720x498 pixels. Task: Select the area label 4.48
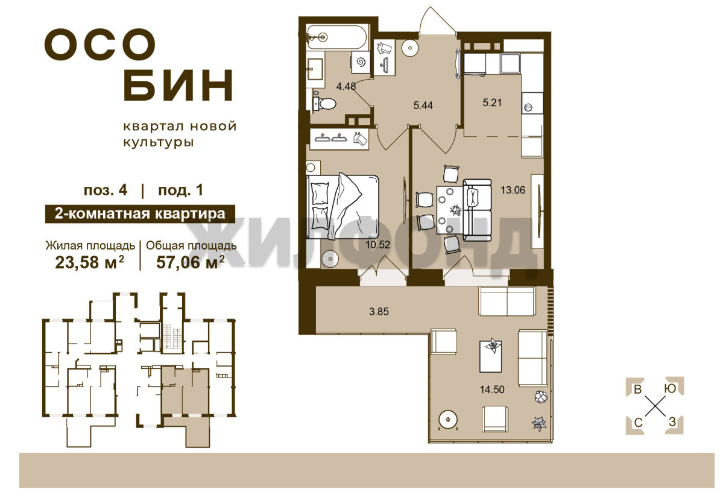pyautogui.click(x=346, y=86)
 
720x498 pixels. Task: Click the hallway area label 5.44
pyautogui.click(x=423, y=106)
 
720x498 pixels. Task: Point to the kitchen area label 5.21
pyautogui.click(x=492, y=102)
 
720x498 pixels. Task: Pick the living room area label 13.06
pyautogui.click(x=513, y=190)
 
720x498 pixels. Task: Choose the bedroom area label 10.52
pyautogui.click(x=377, y=245)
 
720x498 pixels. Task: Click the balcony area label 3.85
pyautogui.click(x=379, y=312)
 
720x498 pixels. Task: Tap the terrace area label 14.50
pyautogui.click(x=492, y=389)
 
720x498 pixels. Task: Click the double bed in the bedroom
pyautogui.click(x=343, y=206)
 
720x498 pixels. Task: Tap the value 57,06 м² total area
pyautogui.click(x=191, y=262)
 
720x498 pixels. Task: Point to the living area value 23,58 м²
pyautogui.click(x=89, y=262)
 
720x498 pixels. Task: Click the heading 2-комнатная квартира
pyautogui.click(x=139, y=214)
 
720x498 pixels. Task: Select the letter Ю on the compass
pyautogui.click(x=671, y=388)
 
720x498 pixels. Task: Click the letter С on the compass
pyautogui.click(x=638, y=422)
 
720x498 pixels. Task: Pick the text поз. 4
pyautogui.click(x=106, y=190)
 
